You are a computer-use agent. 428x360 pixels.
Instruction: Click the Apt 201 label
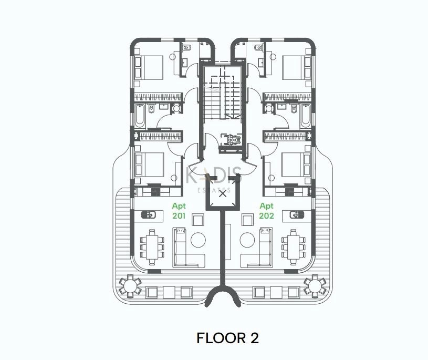pos(179,211)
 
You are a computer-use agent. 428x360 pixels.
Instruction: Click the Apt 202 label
pos(266,211)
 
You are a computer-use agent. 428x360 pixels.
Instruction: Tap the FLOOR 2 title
pos(227,338)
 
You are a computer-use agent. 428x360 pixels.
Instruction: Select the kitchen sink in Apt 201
pos(149,215)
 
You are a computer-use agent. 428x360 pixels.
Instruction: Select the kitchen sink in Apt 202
pos(297,215)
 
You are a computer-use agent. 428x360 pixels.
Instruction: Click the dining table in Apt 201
pos(152,247)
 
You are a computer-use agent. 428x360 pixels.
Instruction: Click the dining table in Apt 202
pos(294,247)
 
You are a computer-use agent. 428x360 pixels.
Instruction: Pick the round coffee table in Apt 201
pos(198,240)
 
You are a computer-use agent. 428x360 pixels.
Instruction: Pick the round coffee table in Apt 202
pos(247,240)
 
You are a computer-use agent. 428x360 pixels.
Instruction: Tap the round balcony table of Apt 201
pos(130,286)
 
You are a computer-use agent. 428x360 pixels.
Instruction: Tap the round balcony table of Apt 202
pos(316,286)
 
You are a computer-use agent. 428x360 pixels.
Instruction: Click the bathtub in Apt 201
pos(140,116)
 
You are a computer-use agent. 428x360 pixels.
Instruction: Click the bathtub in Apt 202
pos(306,116)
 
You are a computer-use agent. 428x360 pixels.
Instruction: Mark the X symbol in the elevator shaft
pos(223,194)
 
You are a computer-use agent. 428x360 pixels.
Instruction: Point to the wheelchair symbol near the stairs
pos(231,140)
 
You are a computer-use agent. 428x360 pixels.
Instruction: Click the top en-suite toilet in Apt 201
pos(188,48)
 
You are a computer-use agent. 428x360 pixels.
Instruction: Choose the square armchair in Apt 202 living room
pos(248,220)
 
